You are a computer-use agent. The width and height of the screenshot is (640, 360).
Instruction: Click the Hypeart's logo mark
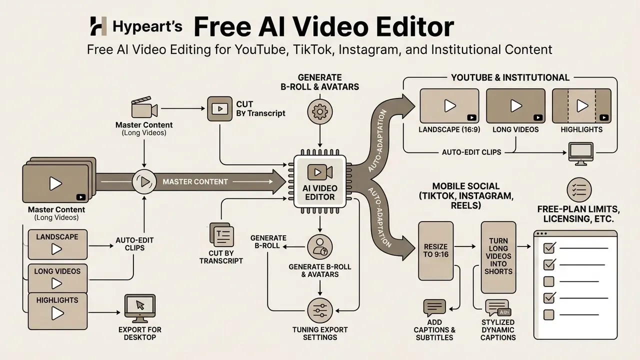pyautogui.click(x=98, y=26)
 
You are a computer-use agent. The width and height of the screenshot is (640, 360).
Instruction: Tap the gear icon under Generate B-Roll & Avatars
pyautogui.click(x=319, y=111)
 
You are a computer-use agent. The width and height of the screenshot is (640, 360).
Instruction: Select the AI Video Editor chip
pyautogui.click(x=319, y=181)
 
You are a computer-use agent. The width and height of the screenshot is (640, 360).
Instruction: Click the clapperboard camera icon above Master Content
pyautogui.click(x=144, y=107)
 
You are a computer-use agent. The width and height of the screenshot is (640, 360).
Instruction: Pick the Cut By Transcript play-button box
pyautogui.click(x=219, y=108)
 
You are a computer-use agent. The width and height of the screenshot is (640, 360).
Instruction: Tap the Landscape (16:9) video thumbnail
pyautogui.click(x=449, y=105)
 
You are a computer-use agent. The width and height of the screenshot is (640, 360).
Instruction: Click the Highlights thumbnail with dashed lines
pyautogui.click(x=581, y=105)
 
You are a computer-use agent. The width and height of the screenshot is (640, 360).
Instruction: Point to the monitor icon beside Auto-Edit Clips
pyautogui.click(x=581, y=153)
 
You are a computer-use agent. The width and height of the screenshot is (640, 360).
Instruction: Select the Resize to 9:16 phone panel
pyautogui.click(x=435, y=251)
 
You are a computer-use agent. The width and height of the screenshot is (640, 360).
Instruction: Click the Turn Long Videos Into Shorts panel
pyautogui.click(x=498, y=257)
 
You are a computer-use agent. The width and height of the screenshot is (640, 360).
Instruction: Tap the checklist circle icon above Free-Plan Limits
pyautogui.click(x=579, y=190)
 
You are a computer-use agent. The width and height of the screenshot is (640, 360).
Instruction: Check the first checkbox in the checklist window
pyautogui.click(x=549, y=247)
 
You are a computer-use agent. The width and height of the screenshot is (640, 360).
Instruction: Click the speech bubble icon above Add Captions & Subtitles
pyautogui.click(x=434, y=307)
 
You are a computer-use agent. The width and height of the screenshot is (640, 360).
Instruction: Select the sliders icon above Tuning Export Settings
pyautogui.click(x=320, y=310)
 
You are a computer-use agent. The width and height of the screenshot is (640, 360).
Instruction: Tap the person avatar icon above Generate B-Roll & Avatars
pyautogui.click(x=320, y=247)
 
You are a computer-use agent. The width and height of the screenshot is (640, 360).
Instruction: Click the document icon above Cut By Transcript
pyautogui.click(x=221, y=235)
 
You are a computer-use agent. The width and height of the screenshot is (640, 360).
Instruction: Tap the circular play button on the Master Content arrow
pyautogui.click(x=144, y=181)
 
